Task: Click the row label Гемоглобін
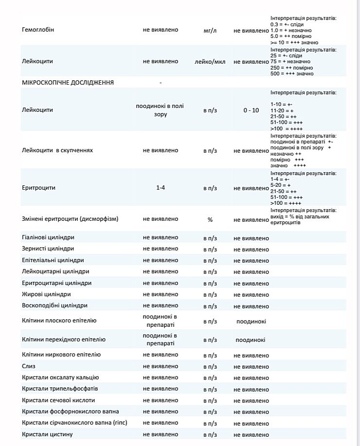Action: [x=38, y=30]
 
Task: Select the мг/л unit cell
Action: [x=210, y=31]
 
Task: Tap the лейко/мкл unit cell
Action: [x=210, y=62]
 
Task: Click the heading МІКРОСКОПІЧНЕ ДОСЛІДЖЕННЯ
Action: [x=68, y=83]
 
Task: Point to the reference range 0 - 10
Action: [x=251, y=110]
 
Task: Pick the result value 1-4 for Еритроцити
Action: [x=161, y=188]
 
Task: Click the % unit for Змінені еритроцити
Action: [x=210, y=220]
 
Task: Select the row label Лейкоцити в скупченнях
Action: [x=57, y=150]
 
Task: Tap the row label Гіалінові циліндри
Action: [x=48, y=238]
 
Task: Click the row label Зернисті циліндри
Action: [x=48, y=249]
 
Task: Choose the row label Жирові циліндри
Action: [x=46, y=294]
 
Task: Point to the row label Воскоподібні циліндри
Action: [x=54, y=305]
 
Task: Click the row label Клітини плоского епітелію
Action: [x=59, y=321]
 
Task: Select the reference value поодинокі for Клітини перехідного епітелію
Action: [x=251, y=340]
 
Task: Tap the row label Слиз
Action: [x=29, y=366]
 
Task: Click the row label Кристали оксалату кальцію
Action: [x=60, y=377]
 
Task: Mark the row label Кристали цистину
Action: [x=47, y=434]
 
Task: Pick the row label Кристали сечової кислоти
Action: [x=58, y=400]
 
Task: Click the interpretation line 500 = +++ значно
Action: [x=292, y=74]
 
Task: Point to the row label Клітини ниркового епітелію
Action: [x=61, y=355]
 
